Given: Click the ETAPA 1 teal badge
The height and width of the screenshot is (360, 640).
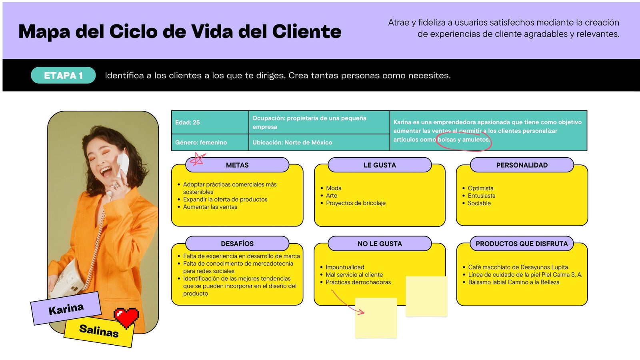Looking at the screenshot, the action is tap(63, 76).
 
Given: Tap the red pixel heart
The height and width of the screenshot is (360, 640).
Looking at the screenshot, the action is tap(126, 318).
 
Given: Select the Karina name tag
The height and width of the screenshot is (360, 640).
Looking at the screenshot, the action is tap(66, 308).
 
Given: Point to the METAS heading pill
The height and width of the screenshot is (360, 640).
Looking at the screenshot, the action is tap(237, 165).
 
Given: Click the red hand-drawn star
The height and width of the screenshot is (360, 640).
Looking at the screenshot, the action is tap(198, 159).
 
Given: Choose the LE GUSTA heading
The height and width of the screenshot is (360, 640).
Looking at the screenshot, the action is tap(380, 165).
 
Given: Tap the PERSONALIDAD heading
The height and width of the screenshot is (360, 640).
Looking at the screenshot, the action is tap(522, 165).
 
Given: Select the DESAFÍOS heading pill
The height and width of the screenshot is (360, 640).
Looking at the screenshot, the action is tap(237, 244).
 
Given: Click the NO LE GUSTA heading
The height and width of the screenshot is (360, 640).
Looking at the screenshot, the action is tap(380, 244).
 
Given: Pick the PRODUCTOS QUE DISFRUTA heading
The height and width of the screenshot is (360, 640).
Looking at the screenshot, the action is tap(522, 244).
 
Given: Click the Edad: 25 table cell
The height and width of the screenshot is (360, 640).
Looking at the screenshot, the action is tap(210, 122).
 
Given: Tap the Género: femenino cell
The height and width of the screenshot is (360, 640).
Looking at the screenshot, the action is tap(210, 142).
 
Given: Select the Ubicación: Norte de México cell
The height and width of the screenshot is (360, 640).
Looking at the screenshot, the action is tap(319, 142).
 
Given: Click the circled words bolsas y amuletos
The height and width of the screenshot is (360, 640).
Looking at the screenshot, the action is tap(464, 140).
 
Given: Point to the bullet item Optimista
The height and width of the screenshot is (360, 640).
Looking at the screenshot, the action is tap(480, 188).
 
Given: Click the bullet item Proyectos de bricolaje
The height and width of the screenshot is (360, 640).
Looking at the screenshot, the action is tap(356, 203).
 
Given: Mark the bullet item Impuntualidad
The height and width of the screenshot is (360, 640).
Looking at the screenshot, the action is tap(345, 267).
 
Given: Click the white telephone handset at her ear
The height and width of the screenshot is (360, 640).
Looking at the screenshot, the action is tap(123, 165).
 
